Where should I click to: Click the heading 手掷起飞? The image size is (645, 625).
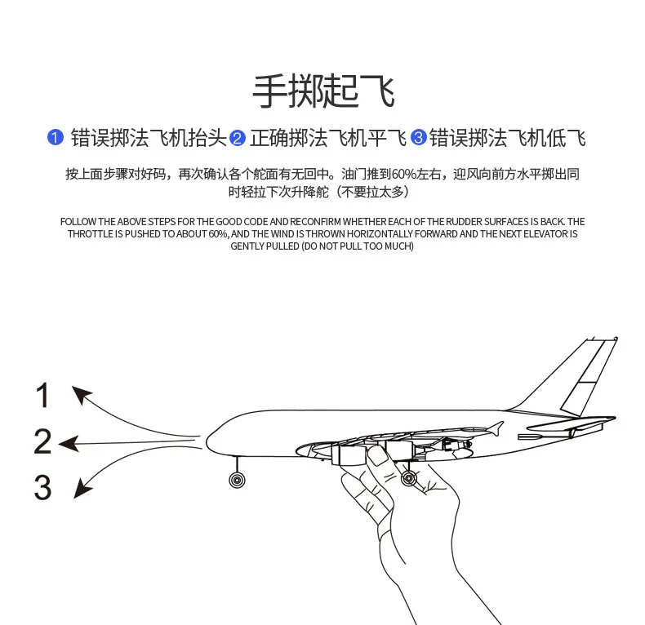[322, 91]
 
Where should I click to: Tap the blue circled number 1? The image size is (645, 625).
[55, 137]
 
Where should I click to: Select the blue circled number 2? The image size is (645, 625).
[238, 138]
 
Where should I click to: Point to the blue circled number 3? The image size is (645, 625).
[418, 137]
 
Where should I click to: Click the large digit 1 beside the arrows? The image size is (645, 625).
[43, 397]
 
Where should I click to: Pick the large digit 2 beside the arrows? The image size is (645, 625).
[43, 442]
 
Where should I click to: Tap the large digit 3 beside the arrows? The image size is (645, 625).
[43, 488]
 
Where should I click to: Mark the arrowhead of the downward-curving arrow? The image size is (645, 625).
[82, 489]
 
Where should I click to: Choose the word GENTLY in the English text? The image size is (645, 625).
[250, 246]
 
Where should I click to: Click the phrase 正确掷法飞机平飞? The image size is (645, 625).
[328, 138]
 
